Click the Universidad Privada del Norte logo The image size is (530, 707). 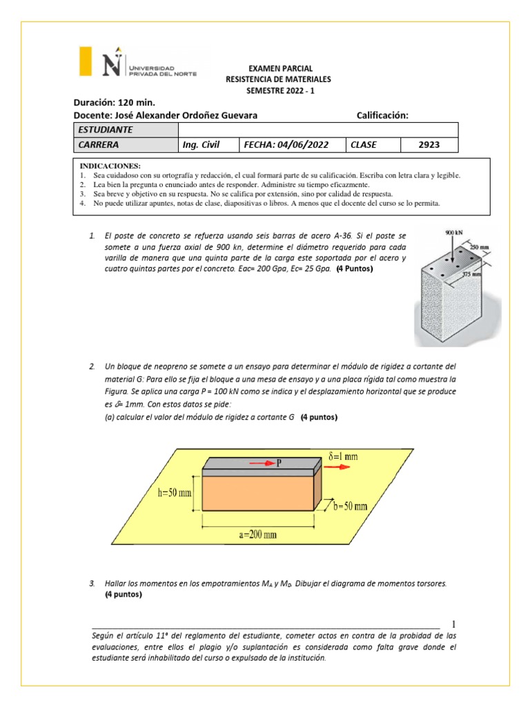[x=138, y=63]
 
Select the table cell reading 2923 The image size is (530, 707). [x=429, y=145]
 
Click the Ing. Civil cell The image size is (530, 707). [x=208, y=145]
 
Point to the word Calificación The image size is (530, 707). [x=382, y=115]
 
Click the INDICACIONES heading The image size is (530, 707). [x=110, y=166]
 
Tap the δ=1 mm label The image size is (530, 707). [x=343, y=456]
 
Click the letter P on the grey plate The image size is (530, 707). [x=280, y=464]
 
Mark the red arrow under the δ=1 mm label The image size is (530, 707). [x=337, y=466]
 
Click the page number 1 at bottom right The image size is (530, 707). [x=453, y=623]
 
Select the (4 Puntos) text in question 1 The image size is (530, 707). [x=353, y=269]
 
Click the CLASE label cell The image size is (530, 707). [x=373, y=145]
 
